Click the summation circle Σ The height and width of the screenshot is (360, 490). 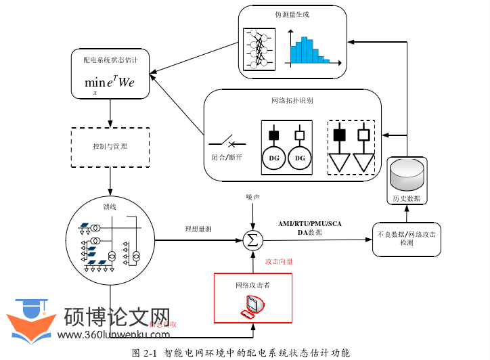[x=252, y=240]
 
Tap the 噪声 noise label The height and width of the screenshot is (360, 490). [x=252, y=197]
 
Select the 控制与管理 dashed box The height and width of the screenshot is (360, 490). [x=110, y=146]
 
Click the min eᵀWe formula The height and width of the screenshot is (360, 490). [x=110, y=83]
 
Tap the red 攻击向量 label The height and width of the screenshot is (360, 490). [x=279, y=262]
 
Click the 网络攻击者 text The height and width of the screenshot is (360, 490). [x=252, y=286]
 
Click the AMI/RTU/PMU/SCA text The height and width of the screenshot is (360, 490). [x=310, y=224]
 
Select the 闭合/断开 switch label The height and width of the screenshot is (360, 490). [x=226, y=158]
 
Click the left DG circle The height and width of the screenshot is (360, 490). [x=274, y=158]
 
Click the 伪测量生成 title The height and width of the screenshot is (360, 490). [x=293, y=15]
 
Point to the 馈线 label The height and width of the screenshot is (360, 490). [x=110, y=207]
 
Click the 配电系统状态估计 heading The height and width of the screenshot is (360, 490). [x=110, y=60]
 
